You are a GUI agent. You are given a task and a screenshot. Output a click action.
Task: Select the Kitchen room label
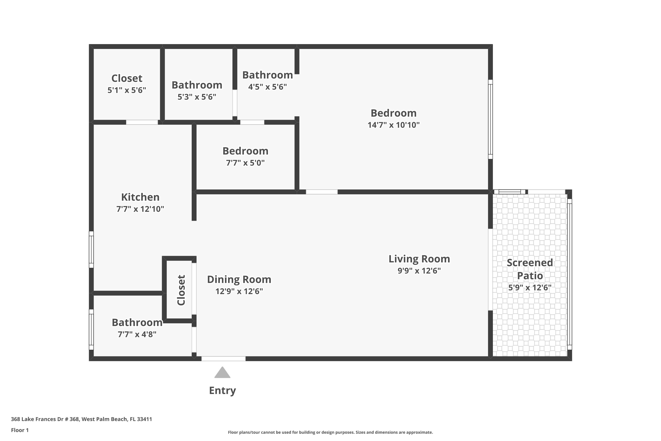140,197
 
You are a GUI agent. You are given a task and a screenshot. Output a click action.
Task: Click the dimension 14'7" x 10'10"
394,125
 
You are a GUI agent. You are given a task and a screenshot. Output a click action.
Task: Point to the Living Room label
419,259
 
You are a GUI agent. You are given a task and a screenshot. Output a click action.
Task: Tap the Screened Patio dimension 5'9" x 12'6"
530,288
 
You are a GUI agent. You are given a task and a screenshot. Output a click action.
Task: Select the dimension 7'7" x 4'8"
137,334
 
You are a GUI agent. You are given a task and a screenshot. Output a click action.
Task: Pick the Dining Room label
239,279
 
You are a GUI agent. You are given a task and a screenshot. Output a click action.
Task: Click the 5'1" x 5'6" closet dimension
127,90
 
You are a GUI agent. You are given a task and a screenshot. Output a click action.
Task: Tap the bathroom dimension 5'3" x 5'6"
197,97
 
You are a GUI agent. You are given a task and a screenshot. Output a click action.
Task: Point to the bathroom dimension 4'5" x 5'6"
267,87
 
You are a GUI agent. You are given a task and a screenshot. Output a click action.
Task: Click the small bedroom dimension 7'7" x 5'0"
245,163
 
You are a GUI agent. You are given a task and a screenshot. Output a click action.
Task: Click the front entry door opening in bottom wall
223,359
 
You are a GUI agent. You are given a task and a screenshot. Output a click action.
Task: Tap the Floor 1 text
20,430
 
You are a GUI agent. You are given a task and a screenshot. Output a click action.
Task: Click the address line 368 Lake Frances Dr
81,419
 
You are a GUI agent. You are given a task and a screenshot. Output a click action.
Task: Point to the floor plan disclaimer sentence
330,432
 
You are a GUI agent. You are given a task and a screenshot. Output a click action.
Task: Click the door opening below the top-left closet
142,122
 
